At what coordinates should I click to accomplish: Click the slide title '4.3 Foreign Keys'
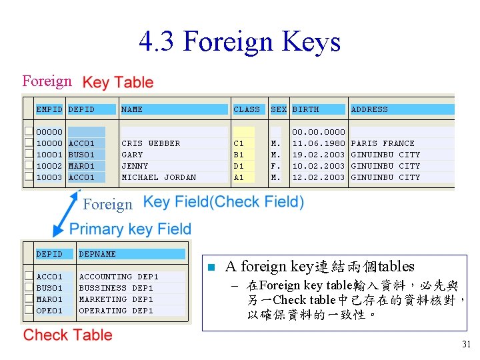coord(240,41)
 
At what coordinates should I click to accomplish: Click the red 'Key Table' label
coord(117,83)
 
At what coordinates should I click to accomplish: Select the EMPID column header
coord(49,109)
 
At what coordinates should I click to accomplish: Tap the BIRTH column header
coord(305,109)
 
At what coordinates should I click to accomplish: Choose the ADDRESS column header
coord(369,109)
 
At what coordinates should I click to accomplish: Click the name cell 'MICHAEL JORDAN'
coord(159,177)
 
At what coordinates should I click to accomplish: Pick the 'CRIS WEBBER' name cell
coord(151,143)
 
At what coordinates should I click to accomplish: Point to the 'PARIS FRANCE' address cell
coord(383,143)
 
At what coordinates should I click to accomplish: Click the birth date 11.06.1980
coord(319,143)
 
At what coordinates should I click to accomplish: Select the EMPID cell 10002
coord(49,166)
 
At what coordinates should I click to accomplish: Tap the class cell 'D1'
coord(239,166)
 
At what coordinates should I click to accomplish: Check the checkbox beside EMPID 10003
coord(29,177)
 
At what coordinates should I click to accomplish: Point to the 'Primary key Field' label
coord(130,229)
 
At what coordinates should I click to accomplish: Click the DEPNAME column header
coord(97,254)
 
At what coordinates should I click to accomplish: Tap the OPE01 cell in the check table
coord(49,311)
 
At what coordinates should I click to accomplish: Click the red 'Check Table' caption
coord(68,335)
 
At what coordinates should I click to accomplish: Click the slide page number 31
coord(465,345)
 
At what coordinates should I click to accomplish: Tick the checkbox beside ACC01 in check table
coord(29,277)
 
